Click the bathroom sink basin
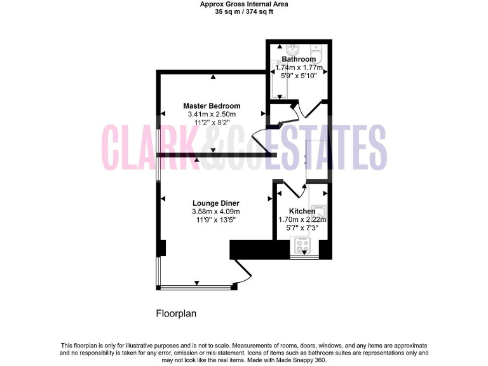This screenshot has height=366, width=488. (x=293, y=50)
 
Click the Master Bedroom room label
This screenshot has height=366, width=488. (x=212, y=105)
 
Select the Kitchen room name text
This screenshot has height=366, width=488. (x=302, y=211)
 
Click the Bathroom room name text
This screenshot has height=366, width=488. (x=299, y=59)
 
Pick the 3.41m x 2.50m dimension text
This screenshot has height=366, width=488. (x=212, y=114)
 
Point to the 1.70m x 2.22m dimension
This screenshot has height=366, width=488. (x=302, y=219)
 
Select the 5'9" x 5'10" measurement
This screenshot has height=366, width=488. (x=299, y=75)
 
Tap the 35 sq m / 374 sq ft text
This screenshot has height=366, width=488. (x=244, y=11)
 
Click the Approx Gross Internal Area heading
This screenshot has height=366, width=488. (x=244, y=4)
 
